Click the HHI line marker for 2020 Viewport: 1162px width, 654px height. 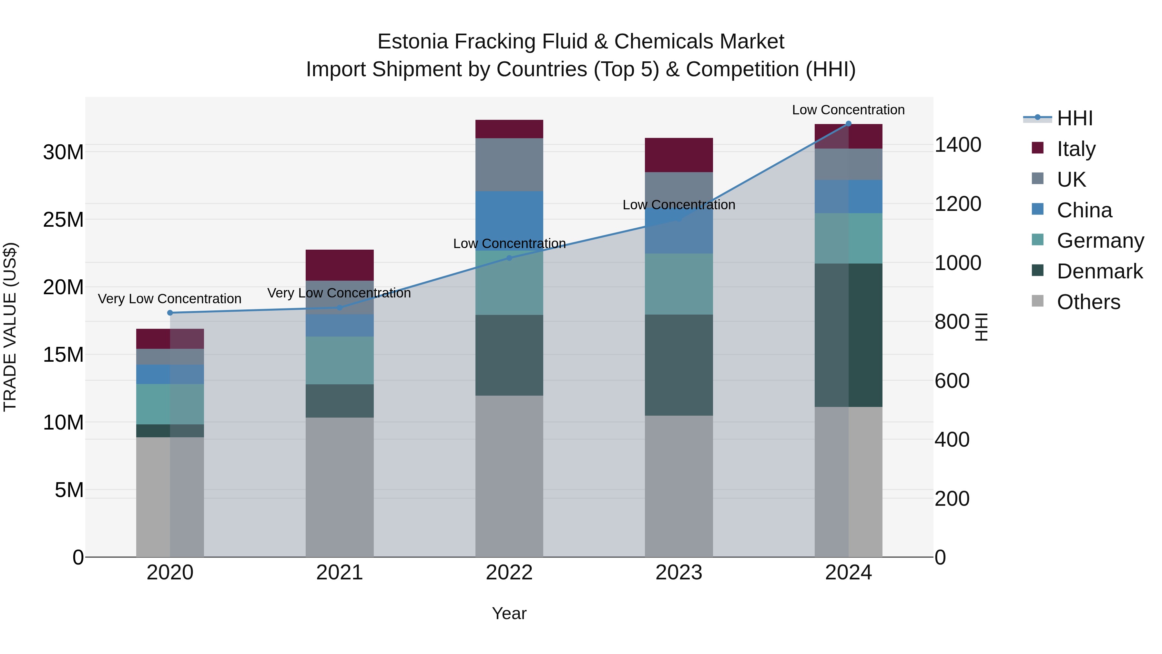(x=170, y=313)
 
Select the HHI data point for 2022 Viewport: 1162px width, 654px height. (x=509, y=258)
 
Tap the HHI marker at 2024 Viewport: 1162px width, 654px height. (x=849, y=124)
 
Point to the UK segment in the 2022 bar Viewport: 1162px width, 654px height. (x=509, y=164)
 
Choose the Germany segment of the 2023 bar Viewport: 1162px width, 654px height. (x=679, y=284)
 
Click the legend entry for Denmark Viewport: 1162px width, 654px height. (x=1099, y=271)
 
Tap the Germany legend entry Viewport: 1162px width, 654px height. (x=1100, y=241)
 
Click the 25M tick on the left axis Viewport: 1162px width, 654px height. (x=63, y=220)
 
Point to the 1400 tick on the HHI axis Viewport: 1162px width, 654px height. (x=958, y=145)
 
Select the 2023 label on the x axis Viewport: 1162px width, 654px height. (x=679, y=573)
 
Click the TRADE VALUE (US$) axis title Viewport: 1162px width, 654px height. (x=10, y=327)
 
